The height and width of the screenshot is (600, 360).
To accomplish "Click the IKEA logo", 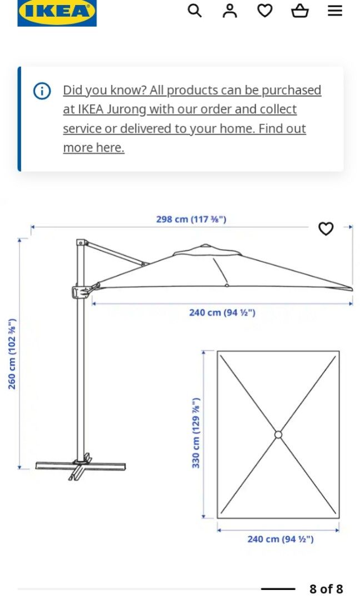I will (x=57, y=12).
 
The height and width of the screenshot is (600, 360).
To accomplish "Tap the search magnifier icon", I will (x=194, y=11).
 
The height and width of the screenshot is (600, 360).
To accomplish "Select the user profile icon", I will (x=229, y=11).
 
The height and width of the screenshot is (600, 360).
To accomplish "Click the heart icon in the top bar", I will (x=265, y=11).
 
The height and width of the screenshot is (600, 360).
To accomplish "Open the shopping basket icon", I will (x=300, y=11).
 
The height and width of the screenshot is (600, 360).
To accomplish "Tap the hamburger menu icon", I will (x=335, y=11).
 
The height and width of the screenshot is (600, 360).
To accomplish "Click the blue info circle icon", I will (x=42, y=91).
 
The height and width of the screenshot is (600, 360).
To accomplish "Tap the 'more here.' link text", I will (x=93, y=148).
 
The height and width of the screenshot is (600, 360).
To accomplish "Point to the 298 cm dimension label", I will (x=191, y=219).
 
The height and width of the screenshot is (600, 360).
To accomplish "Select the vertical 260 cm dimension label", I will (x=12, y=354).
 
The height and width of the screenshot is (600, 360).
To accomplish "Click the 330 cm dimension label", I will (x=196, y=433).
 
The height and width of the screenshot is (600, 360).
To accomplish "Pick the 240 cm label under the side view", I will (x=222, y=313).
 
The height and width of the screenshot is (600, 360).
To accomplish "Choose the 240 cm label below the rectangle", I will (x=280, y=539).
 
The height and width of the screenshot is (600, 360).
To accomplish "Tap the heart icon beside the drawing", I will (x=326, y=228).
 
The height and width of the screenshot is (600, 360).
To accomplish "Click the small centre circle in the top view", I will (x=278, y=434).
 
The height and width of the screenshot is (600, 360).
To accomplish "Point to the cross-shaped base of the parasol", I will (x=81, y=466).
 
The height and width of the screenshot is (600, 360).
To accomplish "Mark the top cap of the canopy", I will (x=206, y=246).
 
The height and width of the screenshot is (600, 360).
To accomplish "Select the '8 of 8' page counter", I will (x=326, y=589).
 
